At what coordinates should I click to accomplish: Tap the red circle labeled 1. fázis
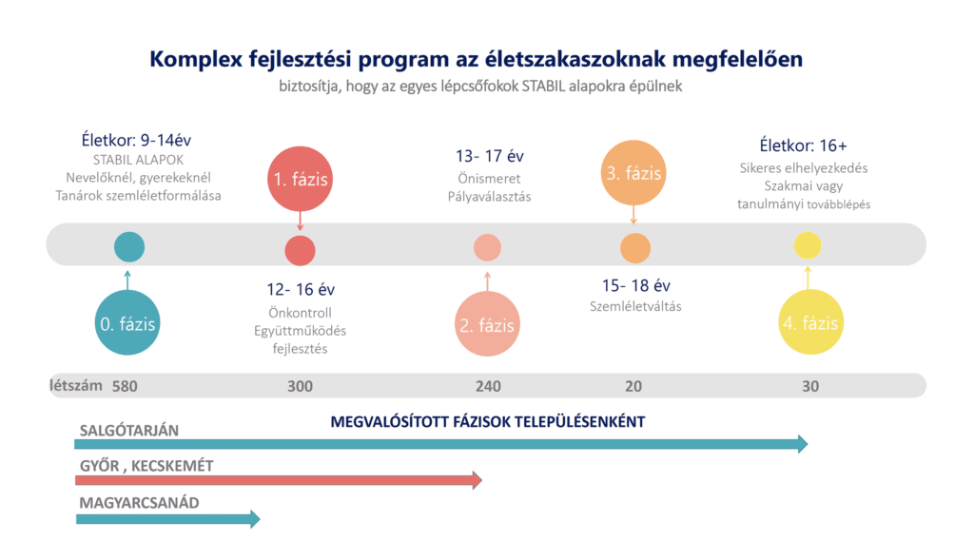pos(300,177)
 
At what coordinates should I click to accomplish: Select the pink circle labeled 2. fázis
pos(487,325)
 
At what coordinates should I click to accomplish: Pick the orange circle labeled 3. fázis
pos(633,174)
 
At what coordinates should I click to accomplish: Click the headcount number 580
pos(126,386)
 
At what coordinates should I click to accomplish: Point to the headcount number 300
pos(300,386)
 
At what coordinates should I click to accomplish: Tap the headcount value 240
pos(488,386)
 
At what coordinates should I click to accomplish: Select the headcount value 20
pos(633,386)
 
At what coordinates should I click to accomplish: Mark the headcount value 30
pos(809,386)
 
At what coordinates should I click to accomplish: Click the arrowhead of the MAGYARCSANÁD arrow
pos(254,518)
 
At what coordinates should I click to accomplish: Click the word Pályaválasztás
pos(489,197)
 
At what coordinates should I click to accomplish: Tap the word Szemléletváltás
pos(635,306)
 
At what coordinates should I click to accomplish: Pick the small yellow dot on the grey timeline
pos(808,246)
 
